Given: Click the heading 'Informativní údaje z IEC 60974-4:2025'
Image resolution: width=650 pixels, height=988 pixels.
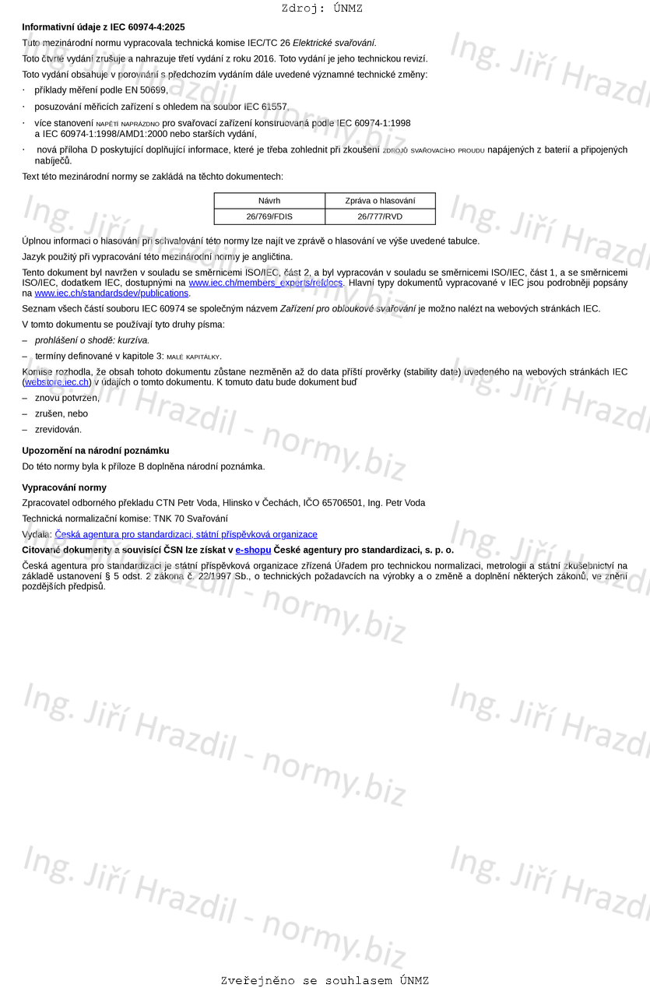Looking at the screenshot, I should (104, 27).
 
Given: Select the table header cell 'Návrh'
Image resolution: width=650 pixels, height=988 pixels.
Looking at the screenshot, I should (269, 201).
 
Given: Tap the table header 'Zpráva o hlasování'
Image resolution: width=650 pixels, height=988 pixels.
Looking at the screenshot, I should (380, 201).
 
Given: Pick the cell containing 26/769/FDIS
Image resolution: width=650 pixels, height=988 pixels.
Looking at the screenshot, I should (269, 216).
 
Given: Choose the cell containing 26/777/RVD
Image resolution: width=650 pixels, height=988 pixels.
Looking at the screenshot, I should (380, 216).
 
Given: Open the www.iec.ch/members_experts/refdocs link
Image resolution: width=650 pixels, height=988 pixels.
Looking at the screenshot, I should (265, 283).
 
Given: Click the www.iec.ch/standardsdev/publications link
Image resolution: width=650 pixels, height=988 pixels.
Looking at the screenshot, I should (111, 294).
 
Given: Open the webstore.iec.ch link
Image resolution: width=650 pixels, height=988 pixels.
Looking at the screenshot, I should (57, 382).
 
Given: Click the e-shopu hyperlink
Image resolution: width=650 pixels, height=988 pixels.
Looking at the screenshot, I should (253, 550).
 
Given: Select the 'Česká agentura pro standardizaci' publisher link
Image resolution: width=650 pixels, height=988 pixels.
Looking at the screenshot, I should (186, 535).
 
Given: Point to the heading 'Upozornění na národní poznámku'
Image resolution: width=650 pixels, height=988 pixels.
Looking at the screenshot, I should (96, 451).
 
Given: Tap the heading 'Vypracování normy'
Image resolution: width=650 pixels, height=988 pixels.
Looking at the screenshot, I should (64, 487).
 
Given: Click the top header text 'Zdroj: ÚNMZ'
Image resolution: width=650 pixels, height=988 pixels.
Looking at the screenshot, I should (322, 9).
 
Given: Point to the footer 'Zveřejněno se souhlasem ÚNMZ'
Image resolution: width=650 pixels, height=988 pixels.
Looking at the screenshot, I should (325, 981).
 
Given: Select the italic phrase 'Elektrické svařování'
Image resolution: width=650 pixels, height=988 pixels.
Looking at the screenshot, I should (334, 43).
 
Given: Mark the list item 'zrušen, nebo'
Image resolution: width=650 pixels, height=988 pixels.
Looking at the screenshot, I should (61, 413).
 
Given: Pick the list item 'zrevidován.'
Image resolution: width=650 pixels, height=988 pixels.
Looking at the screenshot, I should (58, 429).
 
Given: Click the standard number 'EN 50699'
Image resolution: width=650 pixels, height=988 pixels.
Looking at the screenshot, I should (146, 90).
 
